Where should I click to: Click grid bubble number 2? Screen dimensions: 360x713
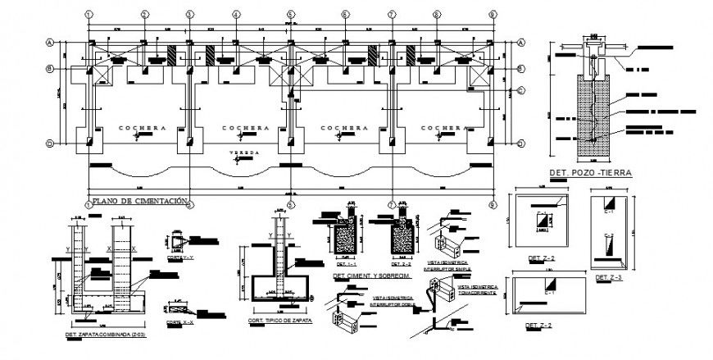[x=143, y=14]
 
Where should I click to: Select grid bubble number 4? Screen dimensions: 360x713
[x=236, y=14]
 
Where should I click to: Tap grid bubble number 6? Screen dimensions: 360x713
[x=345, y=14]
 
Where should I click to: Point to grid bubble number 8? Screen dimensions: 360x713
[x=492, y=14]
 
